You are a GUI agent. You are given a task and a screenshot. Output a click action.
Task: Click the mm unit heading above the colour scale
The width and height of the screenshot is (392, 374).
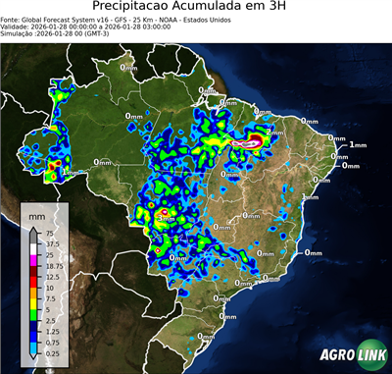click(36, 215)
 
